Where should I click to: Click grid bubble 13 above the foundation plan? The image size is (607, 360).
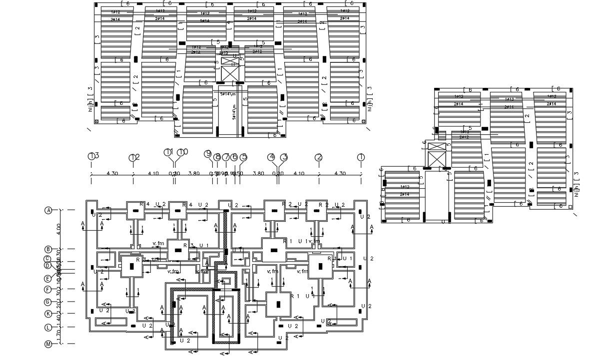[91, 156]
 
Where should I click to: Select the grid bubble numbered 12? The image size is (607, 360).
[132, 158]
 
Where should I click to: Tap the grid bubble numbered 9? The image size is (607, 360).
[208, 154]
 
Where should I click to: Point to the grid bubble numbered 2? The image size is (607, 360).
[318, 157]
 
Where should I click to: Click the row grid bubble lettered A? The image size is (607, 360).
[48, 210]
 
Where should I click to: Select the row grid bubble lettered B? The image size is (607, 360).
[48, 249]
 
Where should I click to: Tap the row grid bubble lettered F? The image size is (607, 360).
[48, 290]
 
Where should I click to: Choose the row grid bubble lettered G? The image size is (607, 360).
[48, 302]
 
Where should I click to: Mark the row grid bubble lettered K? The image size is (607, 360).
[48, 314]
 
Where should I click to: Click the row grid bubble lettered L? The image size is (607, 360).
[48, 328]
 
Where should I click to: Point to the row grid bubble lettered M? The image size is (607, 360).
[48, 344]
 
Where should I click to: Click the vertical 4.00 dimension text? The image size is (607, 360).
[58, 229]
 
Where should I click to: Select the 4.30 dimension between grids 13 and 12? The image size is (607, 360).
[112, 174]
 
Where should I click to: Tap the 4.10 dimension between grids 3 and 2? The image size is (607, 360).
[298, 174]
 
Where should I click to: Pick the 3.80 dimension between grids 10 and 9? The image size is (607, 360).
[194, 174]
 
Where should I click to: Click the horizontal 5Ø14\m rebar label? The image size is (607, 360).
[228, 93]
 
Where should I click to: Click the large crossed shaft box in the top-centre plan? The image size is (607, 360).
[230, 69]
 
